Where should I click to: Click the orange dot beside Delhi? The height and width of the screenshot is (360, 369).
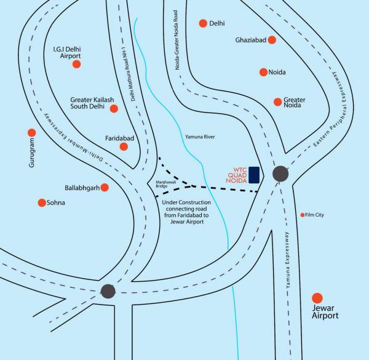click(203, 23)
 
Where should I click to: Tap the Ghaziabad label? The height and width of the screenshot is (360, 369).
click(251, 40)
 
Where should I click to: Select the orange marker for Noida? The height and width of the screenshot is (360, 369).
click(263, 72)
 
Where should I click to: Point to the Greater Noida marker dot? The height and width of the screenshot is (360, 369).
click(278, 102)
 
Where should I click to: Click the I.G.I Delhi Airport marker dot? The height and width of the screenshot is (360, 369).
click(76, 64)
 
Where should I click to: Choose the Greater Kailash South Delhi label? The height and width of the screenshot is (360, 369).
click(92, 103)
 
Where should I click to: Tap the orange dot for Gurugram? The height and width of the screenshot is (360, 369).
click(32, 133)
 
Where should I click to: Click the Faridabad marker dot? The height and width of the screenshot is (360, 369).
click(124, 146)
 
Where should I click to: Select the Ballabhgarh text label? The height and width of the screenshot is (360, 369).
click(82, 188)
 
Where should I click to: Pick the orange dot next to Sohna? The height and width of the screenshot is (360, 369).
click(42, 202)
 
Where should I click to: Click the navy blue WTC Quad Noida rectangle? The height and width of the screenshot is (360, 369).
click(254, 175)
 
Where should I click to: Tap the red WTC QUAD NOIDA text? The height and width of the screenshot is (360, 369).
click(237, 175)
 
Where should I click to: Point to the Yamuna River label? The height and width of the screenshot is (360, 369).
click(200, 137)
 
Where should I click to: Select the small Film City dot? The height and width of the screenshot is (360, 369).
click(303, 215)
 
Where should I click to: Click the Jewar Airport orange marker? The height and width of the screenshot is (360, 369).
click(317, 298)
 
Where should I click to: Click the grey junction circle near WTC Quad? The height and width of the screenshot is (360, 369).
click(280, 174)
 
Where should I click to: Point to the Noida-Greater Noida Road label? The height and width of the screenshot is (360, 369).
click(177, 40)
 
